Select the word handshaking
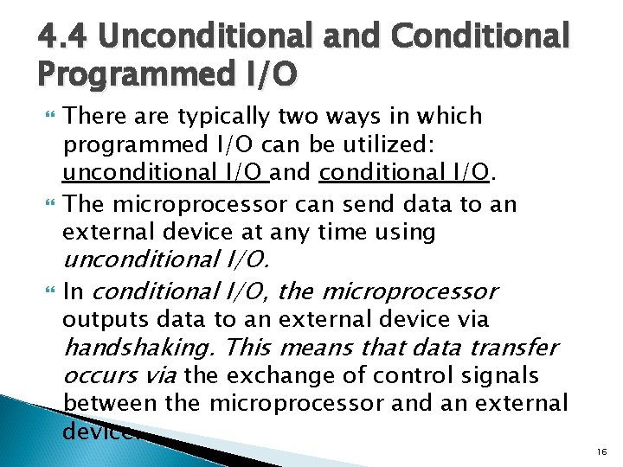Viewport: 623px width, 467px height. click(x=139, y=348)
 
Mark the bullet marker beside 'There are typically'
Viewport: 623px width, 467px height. click(x=47, y=116)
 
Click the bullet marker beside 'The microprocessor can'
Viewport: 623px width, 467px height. click(x=47, y=204)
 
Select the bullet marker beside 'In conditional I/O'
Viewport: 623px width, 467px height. click(x=47, y=291)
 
